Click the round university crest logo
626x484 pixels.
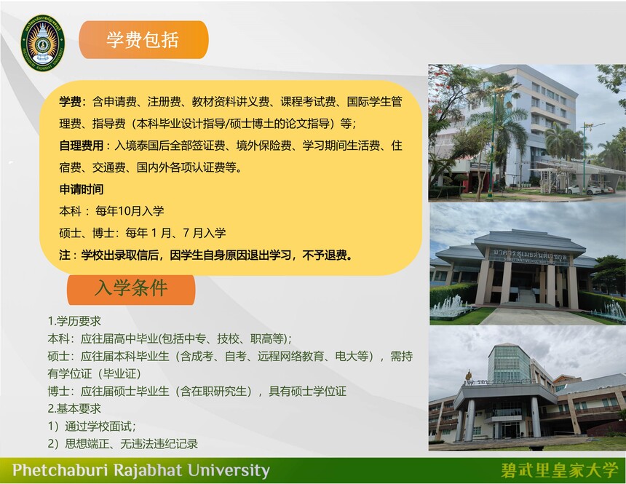[43, 43]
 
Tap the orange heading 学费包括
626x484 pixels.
[143, 39]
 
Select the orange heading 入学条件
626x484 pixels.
[131, 288]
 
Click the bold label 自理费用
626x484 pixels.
[82, 146]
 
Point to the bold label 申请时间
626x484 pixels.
[82, 189]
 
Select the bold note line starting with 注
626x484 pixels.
[207, 255]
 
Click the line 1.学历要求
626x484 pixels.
[74, 321]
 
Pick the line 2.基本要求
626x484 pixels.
[74, 408]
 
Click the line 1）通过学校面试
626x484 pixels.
[92, 426]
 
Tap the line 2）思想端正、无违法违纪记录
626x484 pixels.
[123, 444]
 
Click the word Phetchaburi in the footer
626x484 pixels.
[60, 470]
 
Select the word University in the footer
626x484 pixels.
[229, 470]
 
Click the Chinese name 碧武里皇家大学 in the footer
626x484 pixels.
[559, 470]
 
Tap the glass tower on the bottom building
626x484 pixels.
[510, 363]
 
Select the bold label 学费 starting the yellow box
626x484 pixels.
[71, 102]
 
